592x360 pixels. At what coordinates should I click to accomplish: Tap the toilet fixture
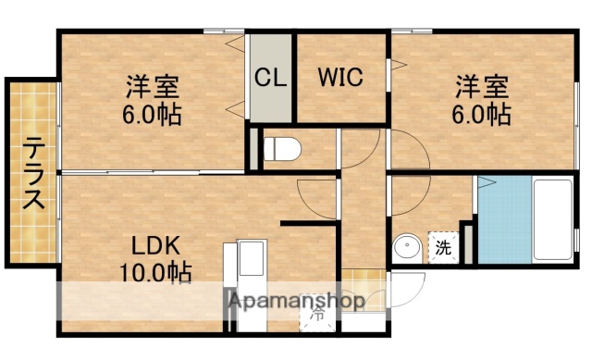[x=280, y=146]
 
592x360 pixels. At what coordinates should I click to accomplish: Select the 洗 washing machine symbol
[x=445, y=248]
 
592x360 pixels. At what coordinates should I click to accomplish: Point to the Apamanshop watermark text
[x=296, y=301]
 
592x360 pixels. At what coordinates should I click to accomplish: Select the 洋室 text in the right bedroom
[x=481, y=90]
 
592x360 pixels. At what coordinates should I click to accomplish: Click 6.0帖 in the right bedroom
[x=481, y=115]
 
